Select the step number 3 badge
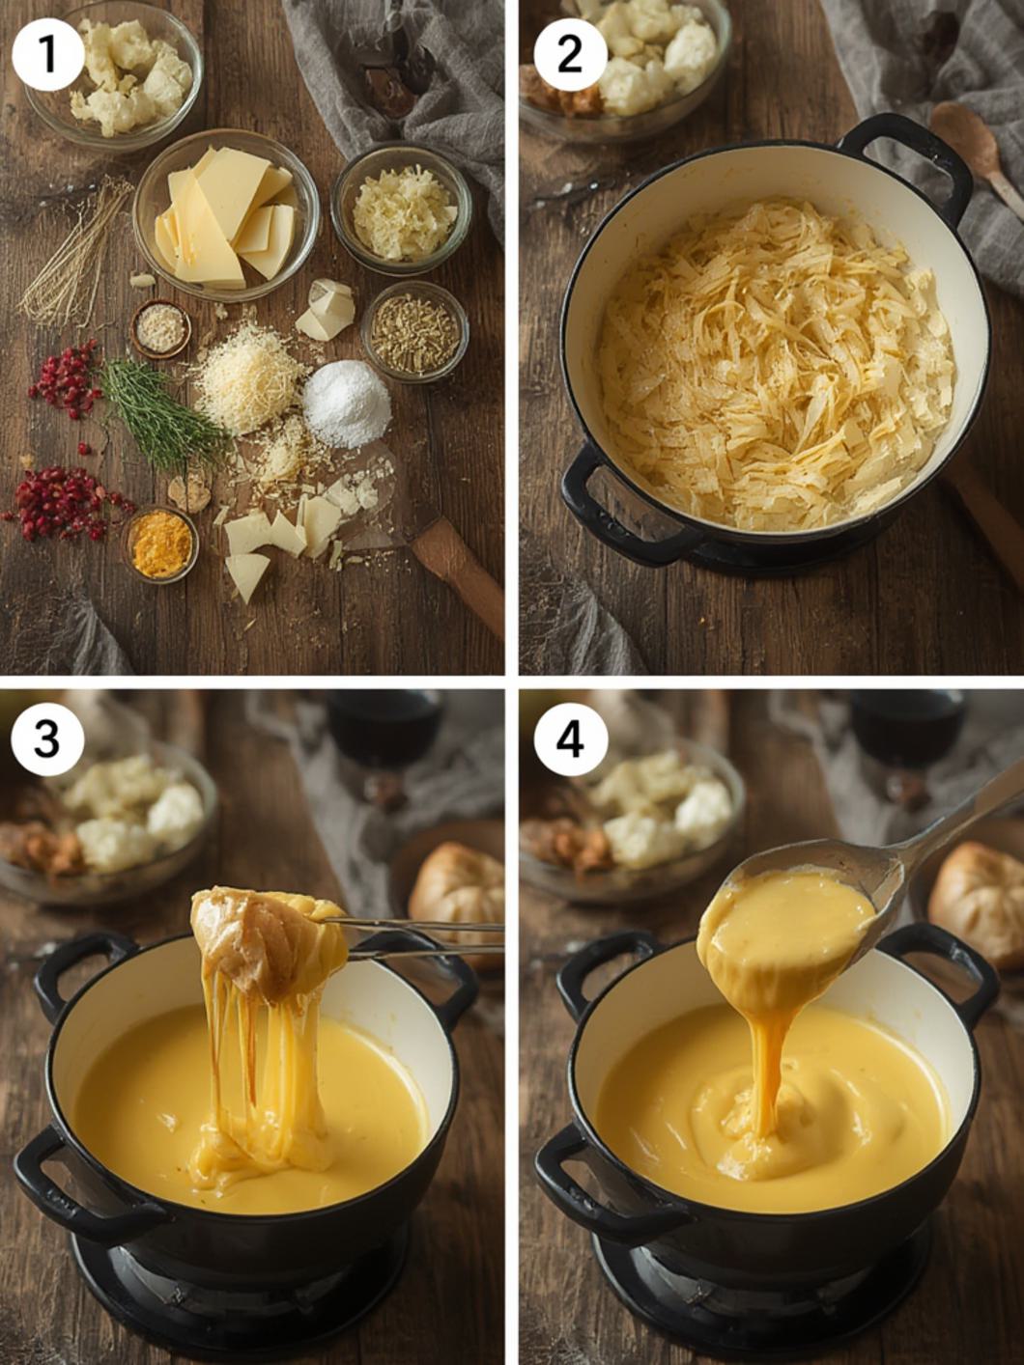pos(48,739)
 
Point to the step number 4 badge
pos(570,739)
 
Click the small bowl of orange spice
pos(161,544)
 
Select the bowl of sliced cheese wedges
pos(226,214)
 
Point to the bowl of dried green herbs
pos(414,331)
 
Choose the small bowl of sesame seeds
pos(160,329)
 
